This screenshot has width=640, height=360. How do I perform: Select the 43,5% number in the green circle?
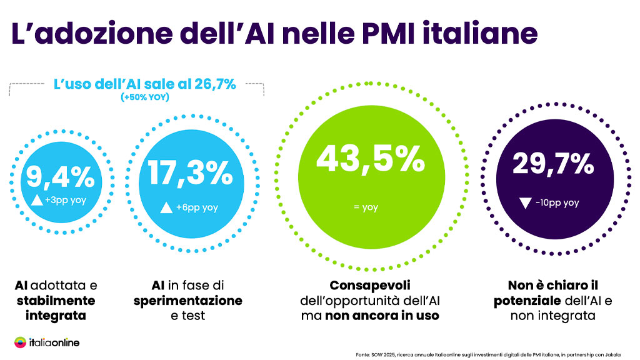[371, 159]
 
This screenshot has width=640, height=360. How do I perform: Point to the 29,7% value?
[553, 164]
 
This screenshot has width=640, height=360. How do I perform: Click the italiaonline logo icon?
[21, 342]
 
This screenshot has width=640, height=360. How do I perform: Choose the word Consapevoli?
[370, 286]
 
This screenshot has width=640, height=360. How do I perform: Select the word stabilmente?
[56, 301]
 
